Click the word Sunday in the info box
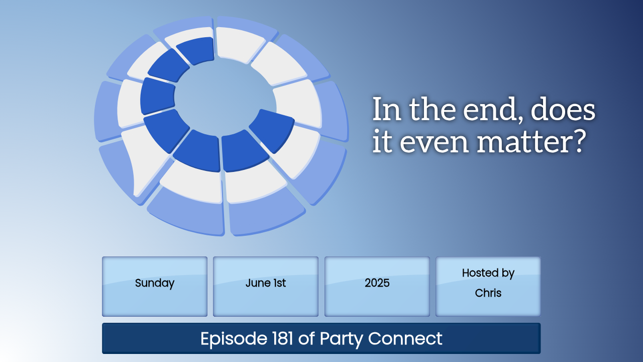154,283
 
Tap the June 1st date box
266,287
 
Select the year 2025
377,283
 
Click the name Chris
488,293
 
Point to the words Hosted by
488,273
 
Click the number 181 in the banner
282,338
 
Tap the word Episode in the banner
234,339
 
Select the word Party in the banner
342,339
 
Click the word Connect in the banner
405,338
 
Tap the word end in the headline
492,109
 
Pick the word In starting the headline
386,109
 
